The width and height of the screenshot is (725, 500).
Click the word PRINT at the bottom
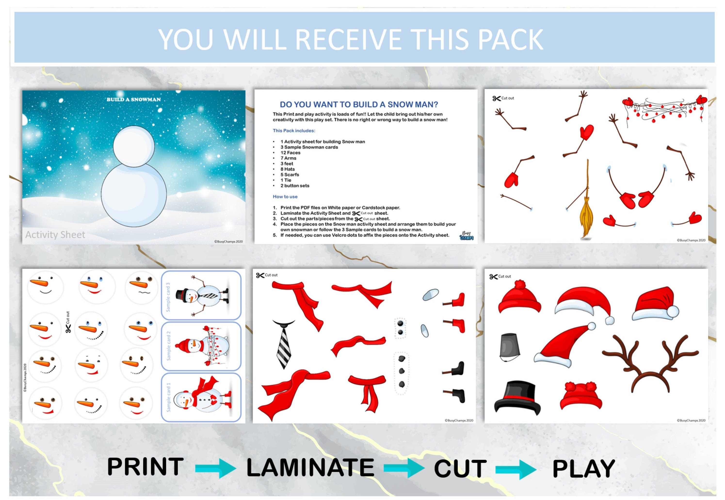pyautogui.click(x=145, y=467)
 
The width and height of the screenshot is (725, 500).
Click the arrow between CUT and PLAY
pyautogui.click(x=516, y=469)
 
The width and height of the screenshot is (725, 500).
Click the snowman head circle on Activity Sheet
pyautogui.click(x=134, y=146)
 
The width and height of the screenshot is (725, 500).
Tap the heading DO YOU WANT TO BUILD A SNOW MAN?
pyautogui.click(x=359, y=104)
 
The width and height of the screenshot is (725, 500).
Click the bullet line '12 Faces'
pyautogui.click(x=290, y=153)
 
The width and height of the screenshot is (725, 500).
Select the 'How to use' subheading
pyautogui.click(x=285, y=197)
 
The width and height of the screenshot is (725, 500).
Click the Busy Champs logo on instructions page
pyautogui.click(x=467, y=236)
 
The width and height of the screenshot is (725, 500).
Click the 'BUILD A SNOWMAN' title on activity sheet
pyautogui.click(x=134, y=99)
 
